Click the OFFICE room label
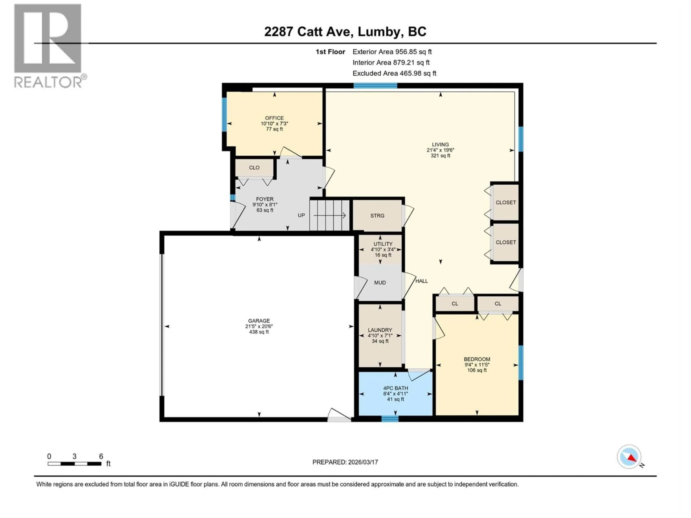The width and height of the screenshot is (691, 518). pos(274,118)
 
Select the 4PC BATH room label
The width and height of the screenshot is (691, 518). pos(396,388)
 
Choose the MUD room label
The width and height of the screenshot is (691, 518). pos(380,283)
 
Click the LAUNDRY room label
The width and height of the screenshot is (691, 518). pos(380,330)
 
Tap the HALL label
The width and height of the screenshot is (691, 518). pos(421,281)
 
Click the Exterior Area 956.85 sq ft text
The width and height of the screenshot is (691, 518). pos(392,52)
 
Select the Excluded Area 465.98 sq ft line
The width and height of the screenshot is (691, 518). pos(394,73)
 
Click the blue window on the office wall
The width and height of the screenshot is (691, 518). pos(224,115)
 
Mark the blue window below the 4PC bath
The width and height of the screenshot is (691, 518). pos(390,419)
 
